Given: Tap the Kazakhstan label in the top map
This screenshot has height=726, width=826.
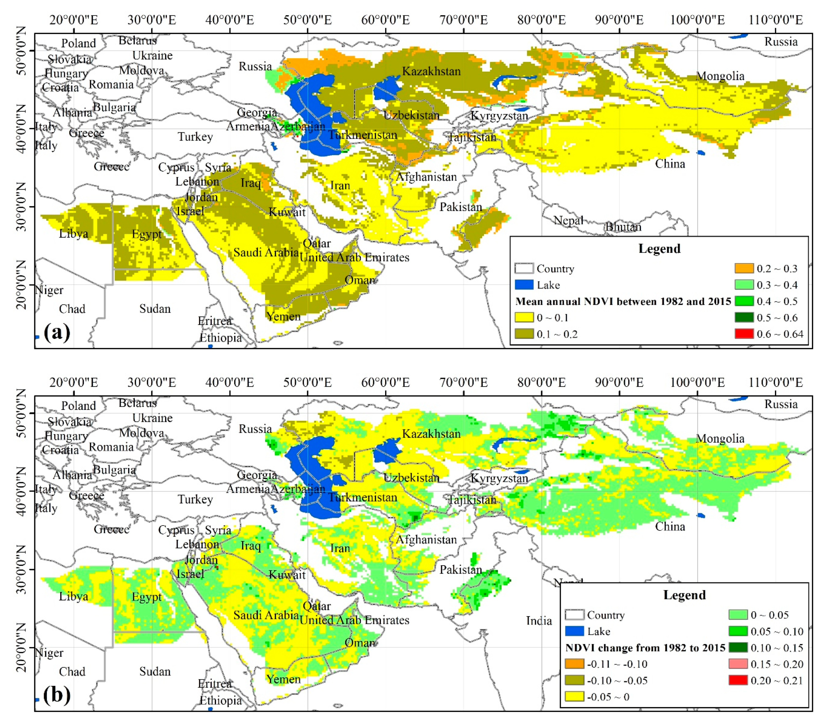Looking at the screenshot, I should pos(431,71).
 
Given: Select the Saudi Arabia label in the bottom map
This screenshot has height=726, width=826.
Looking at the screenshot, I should pos(266,615).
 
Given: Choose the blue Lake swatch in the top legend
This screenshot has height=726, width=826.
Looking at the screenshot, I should pos(524,285).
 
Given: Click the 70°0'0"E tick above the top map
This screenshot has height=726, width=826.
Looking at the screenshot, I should pos(464,20).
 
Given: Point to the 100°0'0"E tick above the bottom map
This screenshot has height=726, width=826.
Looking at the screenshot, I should pos(697,382).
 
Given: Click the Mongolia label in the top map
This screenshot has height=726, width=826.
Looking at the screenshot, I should pos(720,76).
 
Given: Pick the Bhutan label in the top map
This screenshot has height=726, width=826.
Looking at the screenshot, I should pos(623,227).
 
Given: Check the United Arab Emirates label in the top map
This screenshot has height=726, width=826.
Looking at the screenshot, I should pos(354,257).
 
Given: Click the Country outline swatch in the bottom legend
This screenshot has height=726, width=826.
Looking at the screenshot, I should pos(574,615).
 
